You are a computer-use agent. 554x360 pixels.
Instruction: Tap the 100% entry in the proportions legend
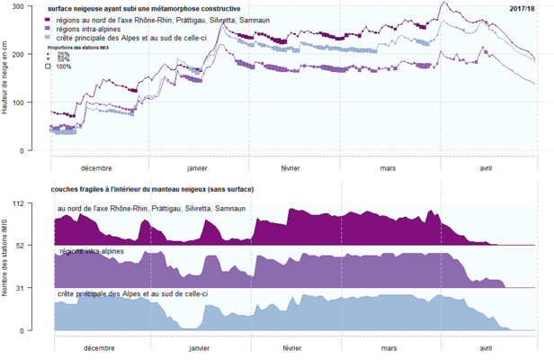63,67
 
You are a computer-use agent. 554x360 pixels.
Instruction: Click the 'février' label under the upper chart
290,168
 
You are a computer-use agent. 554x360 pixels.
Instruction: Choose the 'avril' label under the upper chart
486,168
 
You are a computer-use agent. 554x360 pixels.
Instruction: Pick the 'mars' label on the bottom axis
388,347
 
